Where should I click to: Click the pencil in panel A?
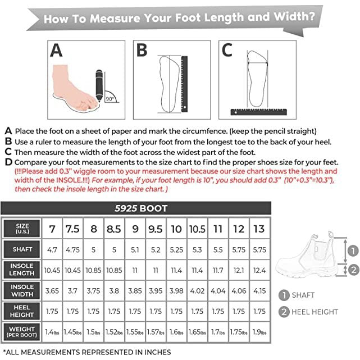[99, 85]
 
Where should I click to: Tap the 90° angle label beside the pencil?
[110, 99]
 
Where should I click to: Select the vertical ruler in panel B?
[184, 84]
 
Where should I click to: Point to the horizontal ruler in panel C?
[259, 112]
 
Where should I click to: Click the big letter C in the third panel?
[227, 50]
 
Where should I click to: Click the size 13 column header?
[259, 229]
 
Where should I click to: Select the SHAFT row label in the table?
[22, 249]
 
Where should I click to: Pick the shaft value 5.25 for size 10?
[176, 250]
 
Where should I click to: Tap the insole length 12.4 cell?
[259, 271]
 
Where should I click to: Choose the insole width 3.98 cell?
[176, 291]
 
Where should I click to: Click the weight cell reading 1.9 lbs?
[259, 332]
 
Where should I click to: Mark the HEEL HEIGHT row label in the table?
[22, 311]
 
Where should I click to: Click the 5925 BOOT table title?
[141, 208]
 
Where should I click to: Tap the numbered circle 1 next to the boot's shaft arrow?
[353, 250]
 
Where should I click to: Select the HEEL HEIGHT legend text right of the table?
[315, 312]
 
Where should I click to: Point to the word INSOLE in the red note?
[69, 180]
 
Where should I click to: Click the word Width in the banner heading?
[294, 16]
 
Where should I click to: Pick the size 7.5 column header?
[72, 229]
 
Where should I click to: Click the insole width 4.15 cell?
[259, 291]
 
